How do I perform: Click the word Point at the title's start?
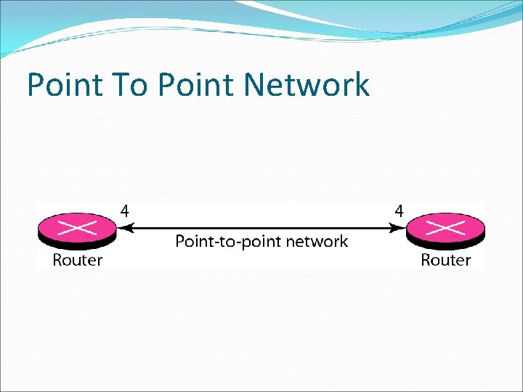tap(61, 85)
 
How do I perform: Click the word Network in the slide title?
tap(307, 85)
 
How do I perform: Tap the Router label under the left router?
tap(78, 260)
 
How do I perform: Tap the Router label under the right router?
tap(446, 260)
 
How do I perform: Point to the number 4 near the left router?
tap(125, 211)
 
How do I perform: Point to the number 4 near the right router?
tap(399, 211)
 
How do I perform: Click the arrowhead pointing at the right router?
tap(400, 228)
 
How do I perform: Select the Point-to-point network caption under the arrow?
tap(261, 242)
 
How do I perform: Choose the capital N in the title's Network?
tap(255, 85)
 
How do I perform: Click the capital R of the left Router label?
tap(58, 260)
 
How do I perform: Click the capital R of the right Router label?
tap(426, 260)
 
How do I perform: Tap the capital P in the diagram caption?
tap(180, 242)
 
